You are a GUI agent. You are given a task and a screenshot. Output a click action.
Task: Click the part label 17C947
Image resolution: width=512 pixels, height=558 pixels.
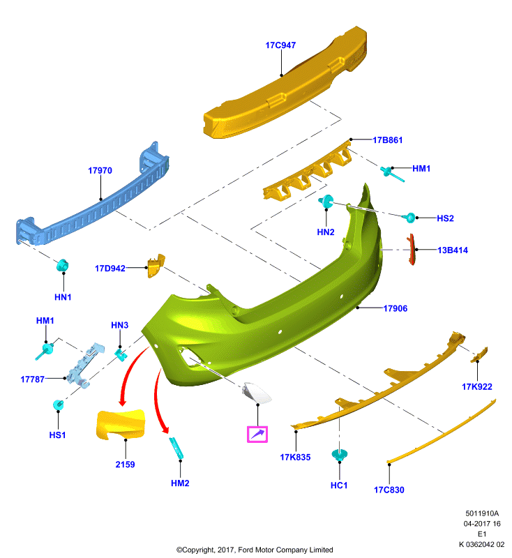pos(280,45)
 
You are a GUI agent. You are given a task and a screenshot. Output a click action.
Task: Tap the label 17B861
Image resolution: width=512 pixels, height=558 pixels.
pos(387,140)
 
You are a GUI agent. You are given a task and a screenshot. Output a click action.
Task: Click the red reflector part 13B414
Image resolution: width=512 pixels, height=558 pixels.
pos(411,249)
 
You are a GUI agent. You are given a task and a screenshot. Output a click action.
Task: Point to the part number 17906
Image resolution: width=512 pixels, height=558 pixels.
pos(396,308)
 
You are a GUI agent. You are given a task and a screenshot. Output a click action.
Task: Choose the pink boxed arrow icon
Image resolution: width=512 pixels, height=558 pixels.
pos(257,434)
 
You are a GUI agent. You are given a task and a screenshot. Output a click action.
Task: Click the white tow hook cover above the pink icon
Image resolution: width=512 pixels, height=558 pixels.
pos(257,393)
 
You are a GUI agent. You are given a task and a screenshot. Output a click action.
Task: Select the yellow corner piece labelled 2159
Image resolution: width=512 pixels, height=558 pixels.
pos(121,424)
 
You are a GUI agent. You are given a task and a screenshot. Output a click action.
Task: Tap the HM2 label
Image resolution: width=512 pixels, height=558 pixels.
pos(180,483)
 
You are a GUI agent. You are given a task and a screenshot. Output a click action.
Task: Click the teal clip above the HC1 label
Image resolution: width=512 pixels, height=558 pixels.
pos(340,455)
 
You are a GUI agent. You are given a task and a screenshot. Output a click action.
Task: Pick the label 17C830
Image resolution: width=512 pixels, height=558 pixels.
pos(389,490)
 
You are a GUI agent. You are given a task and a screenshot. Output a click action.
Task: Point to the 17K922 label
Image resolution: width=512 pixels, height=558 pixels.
pos(477,386)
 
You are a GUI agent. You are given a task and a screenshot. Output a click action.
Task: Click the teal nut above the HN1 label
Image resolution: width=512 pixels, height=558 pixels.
pos(63,266)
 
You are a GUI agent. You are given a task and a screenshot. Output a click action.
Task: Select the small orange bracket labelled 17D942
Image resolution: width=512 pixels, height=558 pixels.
pos(156,266)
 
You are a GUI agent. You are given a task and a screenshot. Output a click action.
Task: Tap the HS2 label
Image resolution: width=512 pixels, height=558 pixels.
pos(445,218)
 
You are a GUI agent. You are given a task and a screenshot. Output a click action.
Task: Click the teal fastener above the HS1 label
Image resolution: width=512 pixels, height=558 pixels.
pos(58,405)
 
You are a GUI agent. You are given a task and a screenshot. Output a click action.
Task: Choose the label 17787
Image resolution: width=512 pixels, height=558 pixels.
pos(32,379)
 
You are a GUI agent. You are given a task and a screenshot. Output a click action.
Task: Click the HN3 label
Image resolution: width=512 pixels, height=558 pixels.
pos(119,325)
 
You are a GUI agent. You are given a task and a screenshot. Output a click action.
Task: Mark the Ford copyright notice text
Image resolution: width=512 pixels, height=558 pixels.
pos(255,550)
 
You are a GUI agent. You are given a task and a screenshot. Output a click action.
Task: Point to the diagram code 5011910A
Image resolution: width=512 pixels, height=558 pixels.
pos(482,513)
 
